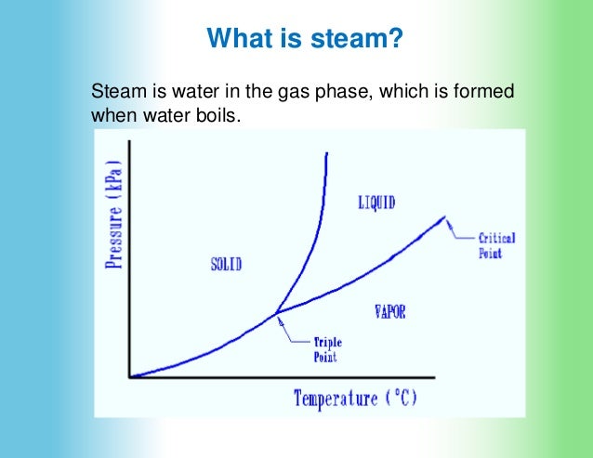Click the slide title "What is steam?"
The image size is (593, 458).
[x=305, y=39]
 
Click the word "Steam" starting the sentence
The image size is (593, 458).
[x=113, y=93]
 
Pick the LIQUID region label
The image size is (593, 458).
[x=376, y=203]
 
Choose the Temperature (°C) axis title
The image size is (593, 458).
[x=356, y=399]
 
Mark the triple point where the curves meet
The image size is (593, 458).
[x=276, y=313]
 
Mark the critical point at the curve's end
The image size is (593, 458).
[x=445, y=217]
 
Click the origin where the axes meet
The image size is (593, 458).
[x=131, y=376]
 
